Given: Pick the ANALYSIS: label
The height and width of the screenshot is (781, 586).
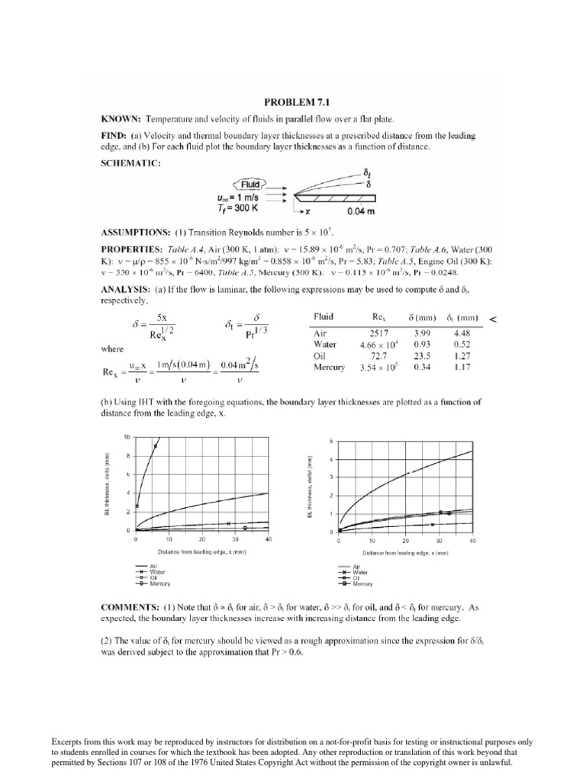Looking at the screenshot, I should [x=126, y=288].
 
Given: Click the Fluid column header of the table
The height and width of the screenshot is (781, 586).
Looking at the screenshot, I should [x=324, y=316].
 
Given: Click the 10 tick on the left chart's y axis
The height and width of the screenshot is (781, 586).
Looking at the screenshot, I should [x=128, y=437].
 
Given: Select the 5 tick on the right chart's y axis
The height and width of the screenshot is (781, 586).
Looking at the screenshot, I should [x=331, y=442].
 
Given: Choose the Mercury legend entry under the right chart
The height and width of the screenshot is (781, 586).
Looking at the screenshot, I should [x=363, y=583].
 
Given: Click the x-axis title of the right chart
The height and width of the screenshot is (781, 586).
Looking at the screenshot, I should [x=404, y=551].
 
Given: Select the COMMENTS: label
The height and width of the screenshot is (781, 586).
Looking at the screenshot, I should [x=130, y=607].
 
